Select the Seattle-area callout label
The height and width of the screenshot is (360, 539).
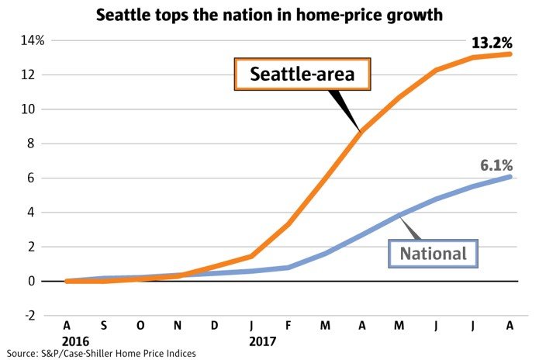[302, 75]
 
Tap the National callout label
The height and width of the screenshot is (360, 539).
[433, 253]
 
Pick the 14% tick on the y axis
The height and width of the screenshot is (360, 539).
[36, 40]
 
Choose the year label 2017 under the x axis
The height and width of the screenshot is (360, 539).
[264, 340]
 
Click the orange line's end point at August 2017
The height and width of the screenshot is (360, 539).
[510, 54]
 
